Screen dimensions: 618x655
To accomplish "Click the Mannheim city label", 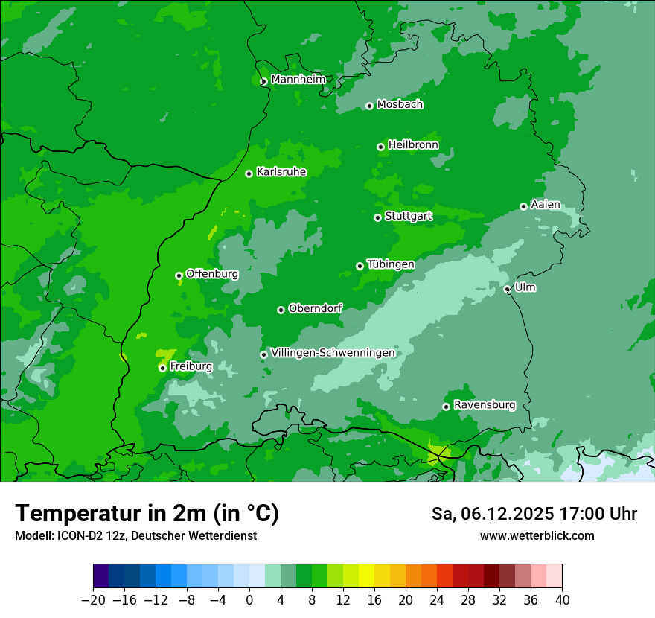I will pyautogui.click(x=298, y=80).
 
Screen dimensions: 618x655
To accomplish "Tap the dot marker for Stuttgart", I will pyautogui.click(x=377, y=217).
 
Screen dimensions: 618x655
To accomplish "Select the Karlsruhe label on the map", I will pyautogui.click(x=281, y=172).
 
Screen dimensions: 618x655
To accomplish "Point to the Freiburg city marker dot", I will pyautogui.click(x=162, y=368).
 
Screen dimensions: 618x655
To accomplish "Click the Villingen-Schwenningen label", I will pyautogui.click(x=333, y=353).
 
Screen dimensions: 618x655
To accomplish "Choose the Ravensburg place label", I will pyautogui.click(x=484, y=405).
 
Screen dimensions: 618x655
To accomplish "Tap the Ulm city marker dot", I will pyautogui.click(x=508, y=290).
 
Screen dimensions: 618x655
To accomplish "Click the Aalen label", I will pyautogui.click(x=545, y=205).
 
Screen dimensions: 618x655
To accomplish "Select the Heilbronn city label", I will pyautogui.click(x=413, y=145).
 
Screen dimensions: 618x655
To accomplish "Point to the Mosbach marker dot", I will pyautogui.click(x=369, y=106).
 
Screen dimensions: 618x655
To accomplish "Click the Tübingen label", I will pyautogui.click(x=390, y=264).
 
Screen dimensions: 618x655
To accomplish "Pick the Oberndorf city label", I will pyautogui.click(x=315, y=308).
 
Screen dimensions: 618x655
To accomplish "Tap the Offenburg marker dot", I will pyautogui.click(x=179, y=275).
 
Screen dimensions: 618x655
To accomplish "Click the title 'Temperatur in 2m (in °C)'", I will pyautogui.click(x=147, y=514).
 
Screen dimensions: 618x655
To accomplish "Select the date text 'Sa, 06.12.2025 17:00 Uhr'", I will pyautogui.click(x=534, y=514).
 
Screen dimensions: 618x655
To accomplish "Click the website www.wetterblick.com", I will pyautogui.click(x=537, y=535).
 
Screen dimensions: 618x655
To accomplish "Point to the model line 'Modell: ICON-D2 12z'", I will pyautogui.click(x=135, y=535).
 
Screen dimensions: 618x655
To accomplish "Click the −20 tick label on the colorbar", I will pyautogui.click(x=93, y=600).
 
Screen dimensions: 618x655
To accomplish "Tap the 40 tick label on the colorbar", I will pyautogui.click(x=562, y=600).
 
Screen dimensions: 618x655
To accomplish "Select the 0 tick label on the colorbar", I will pyautogui.click(x=249, y=600).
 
